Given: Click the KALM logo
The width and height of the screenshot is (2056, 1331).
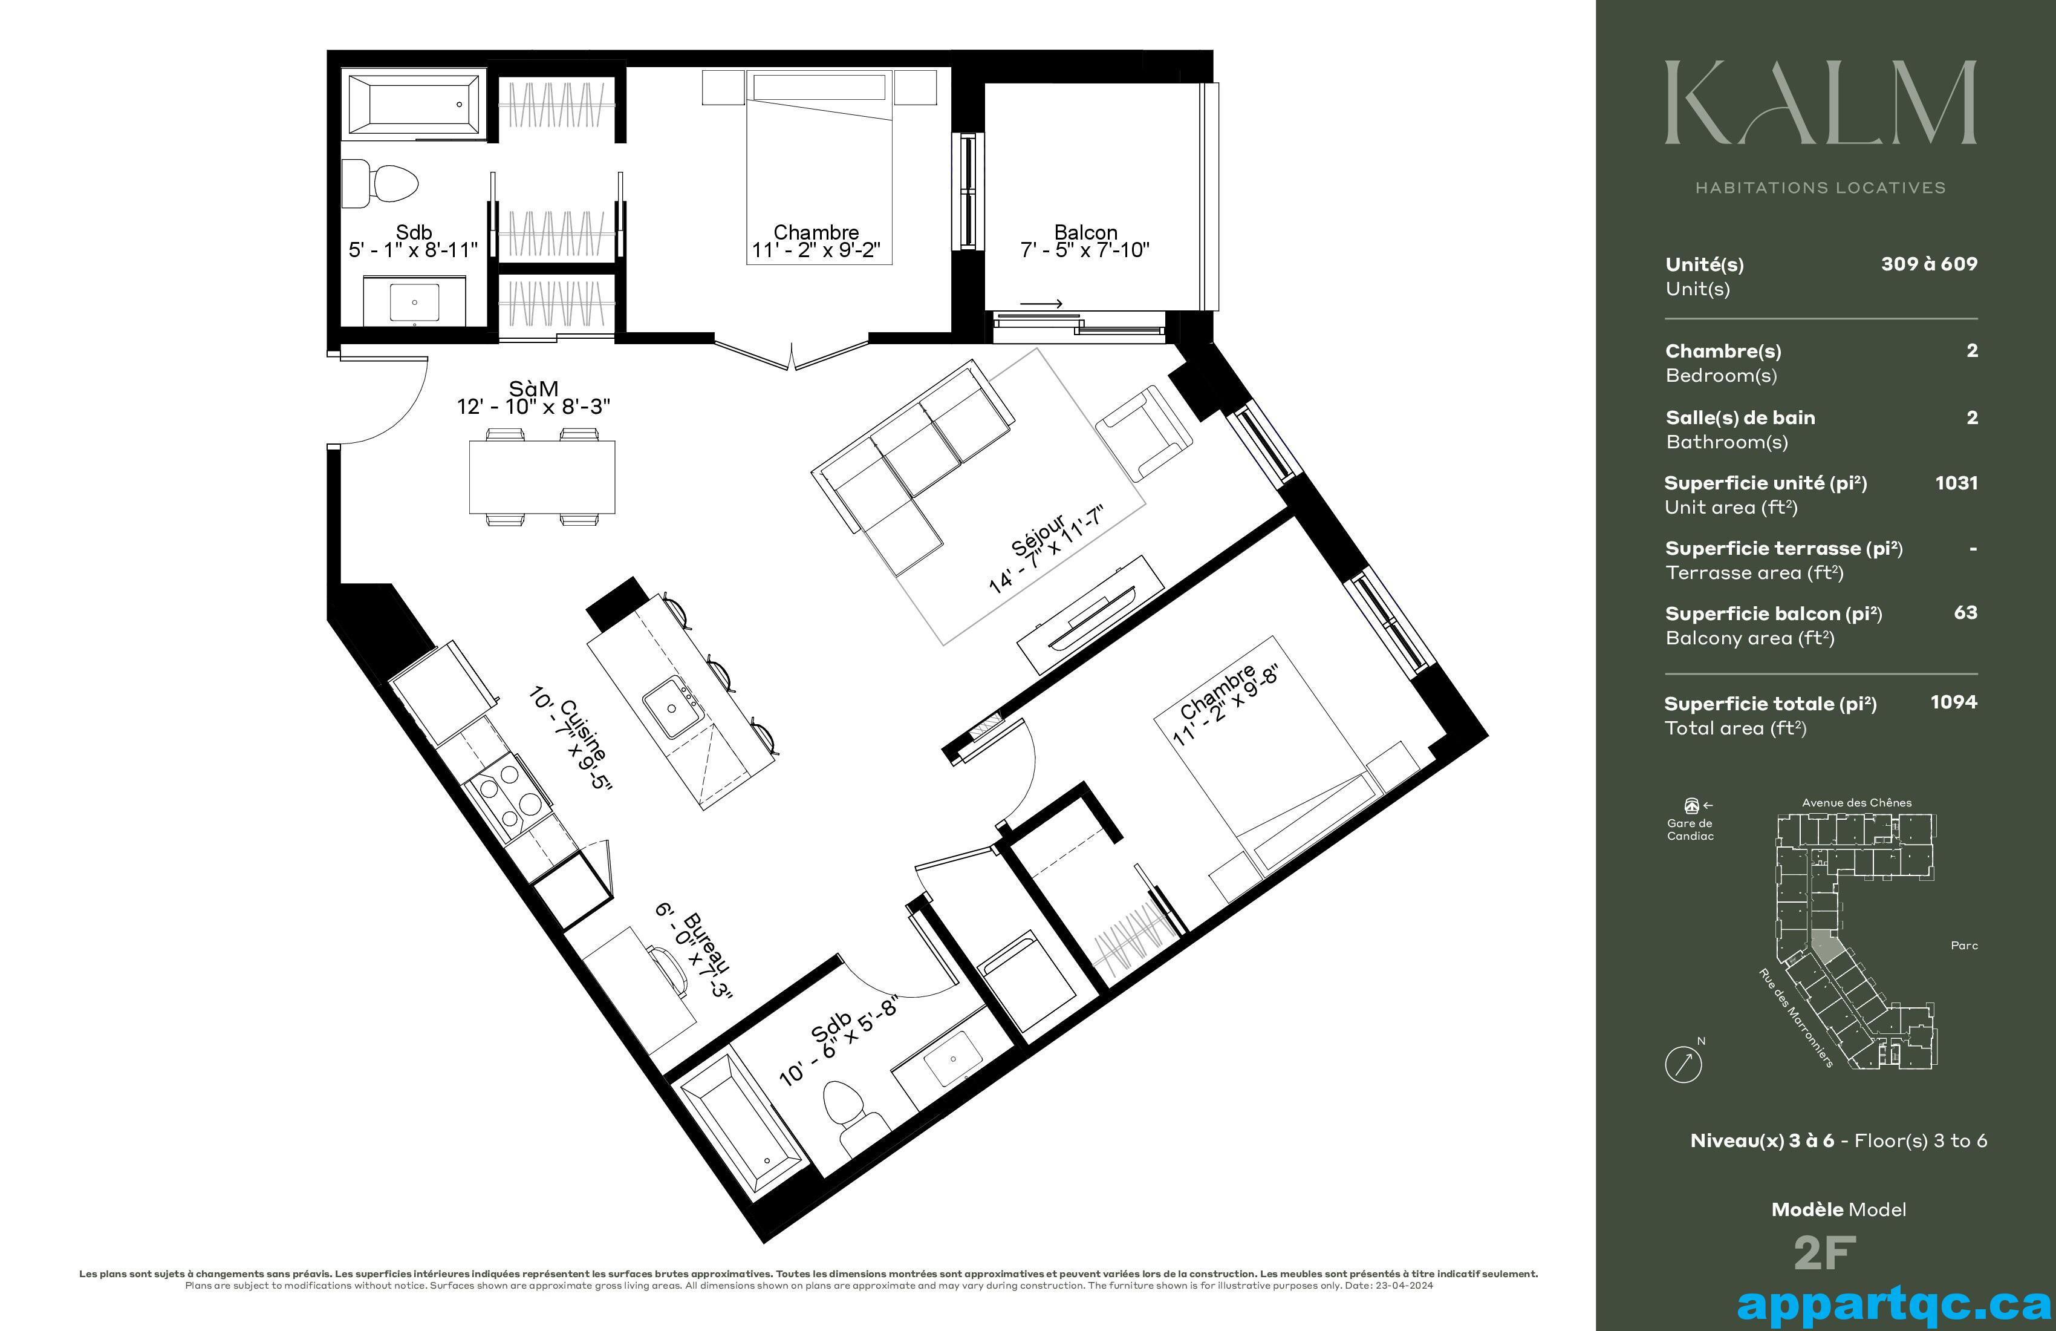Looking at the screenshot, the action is coord(1820,102).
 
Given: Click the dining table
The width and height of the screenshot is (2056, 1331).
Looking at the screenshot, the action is coord(542,477).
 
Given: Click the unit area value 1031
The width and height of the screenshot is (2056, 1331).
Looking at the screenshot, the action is coord(1957,483).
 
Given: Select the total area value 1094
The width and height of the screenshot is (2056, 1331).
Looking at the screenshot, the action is coord(1954,702).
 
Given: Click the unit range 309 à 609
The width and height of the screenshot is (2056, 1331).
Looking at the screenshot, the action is coord(1930,264).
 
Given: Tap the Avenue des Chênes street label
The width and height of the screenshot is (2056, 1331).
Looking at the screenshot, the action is coord(1856,803).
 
